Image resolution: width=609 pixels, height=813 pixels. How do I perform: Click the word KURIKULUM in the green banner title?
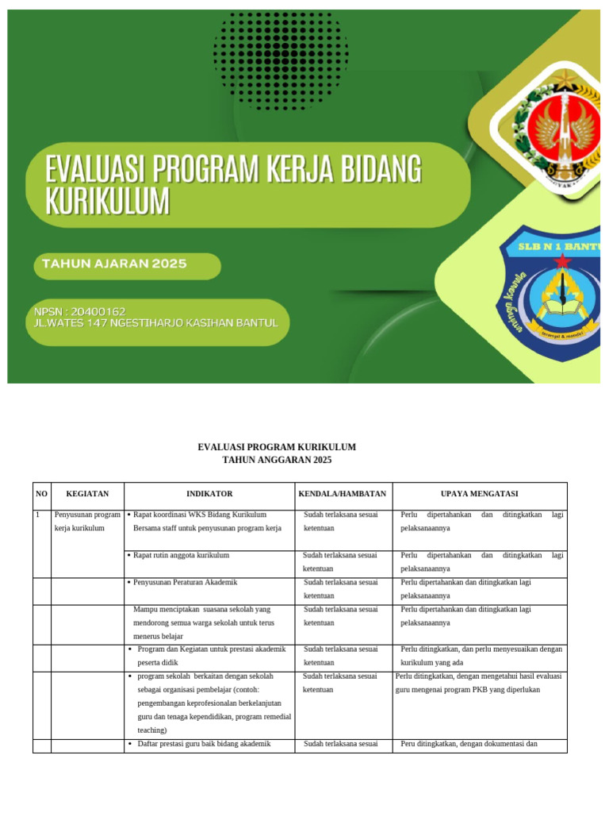click(108, 202)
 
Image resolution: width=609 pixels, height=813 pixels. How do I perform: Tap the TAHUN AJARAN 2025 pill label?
click(111, 264)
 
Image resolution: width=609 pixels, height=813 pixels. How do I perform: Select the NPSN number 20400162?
click(93, 311)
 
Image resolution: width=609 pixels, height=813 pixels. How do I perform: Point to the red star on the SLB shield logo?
click(562, 261)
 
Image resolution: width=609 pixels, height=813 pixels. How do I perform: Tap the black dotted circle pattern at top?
click(281, 56)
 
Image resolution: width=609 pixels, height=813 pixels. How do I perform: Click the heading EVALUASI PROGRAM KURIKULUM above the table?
click(277, 448)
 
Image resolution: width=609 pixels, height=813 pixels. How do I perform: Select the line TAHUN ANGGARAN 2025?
click(277, 460)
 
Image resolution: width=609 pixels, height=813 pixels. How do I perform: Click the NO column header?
click(41, 494)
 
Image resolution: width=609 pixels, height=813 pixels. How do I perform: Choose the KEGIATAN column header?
click(87, 494)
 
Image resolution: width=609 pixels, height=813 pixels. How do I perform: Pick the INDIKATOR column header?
click(209, 494)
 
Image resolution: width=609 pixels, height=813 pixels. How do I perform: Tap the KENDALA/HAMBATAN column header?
click(343, 494)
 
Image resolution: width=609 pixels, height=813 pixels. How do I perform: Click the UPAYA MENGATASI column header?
click(479, 494)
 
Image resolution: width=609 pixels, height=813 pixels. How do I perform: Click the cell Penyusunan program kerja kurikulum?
click(87, 522)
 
